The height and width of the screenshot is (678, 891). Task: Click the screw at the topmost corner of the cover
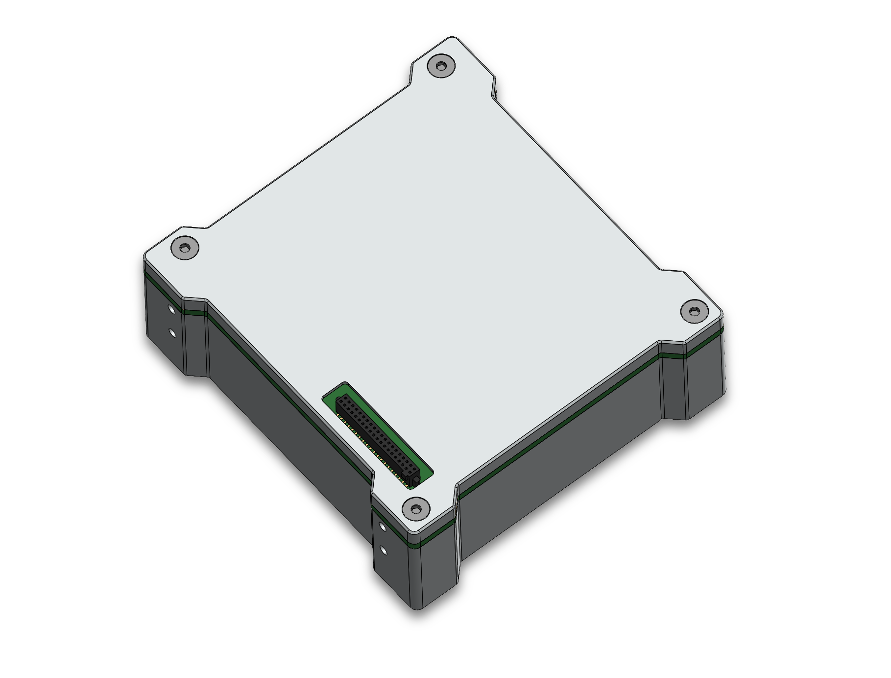(x=441, y=65)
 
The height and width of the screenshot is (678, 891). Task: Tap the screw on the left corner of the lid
(x=185, y=248)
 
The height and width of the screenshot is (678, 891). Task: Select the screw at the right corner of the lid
(x=695, y=311)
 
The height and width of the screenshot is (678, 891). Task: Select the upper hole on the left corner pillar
(x=171, y=309)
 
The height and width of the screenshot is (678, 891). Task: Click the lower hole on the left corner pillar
(x=172, y=333)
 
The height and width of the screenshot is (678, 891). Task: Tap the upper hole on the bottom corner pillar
(x=383, y=527)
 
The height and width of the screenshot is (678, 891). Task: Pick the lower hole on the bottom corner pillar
(x=384, y=551)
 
